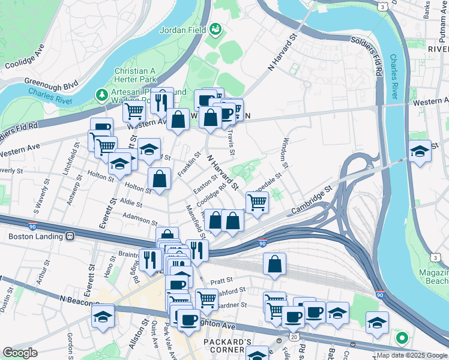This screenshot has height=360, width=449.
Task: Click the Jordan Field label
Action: point(182,29)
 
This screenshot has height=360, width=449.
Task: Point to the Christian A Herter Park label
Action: point(136,75)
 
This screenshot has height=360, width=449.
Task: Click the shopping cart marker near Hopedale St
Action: point(257,203)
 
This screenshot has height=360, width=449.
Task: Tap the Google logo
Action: point(20,353)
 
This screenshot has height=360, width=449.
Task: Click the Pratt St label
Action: point(221,280)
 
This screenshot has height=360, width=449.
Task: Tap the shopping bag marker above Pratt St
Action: point(274,264)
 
